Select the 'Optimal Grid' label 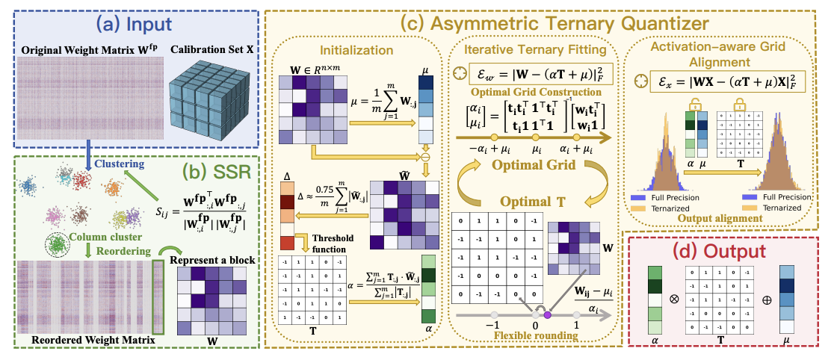[x=531, y=166]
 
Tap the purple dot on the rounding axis [x=547, y=315]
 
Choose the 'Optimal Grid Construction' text [x=532, y=91]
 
